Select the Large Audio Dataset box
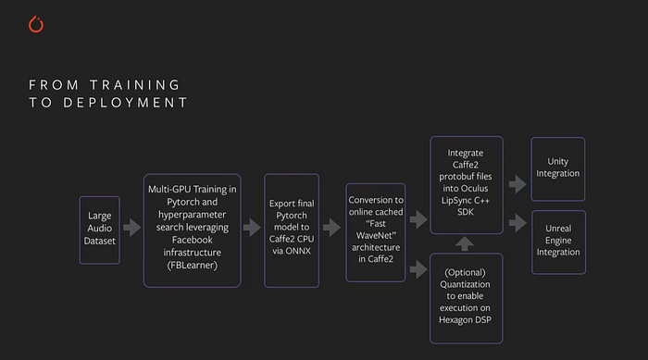[99, 230]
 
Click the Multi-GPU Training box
[192, 230]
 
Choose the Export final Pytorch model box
[293, 230]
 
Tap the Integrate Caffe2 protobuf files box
[466, 184]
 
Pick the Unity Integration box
[558, 167]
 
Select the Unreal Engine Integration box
[558, 241]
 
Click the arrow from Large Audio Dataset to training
[132, 229]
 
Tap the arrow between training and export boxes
[252, 229]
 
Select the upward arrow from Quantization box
[467, 243]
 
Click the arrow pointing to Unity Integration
[517, 184]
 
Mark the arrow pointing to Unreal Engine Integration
[517, 222]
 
